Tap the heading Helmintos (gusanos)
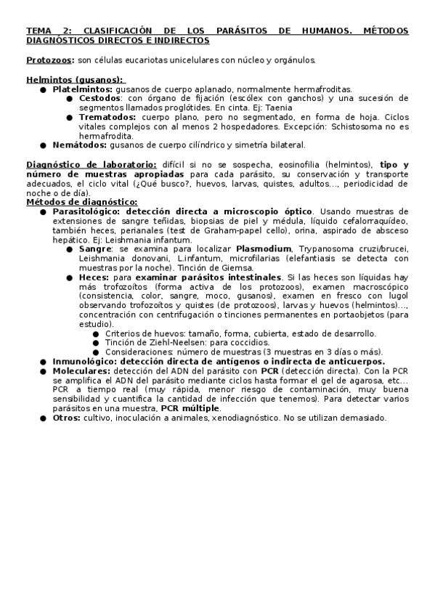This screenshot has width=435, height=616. [x=75, y=80]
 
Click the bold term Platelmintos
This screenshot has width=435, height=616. [x=82, y=89]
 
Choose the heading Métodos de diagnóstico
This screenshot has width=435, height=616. [x=81, y=202]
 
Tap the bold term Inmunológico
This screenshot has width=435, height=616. [x=86, y=361]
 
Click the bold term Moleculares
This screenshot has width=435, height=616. [x=82, y=370]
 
